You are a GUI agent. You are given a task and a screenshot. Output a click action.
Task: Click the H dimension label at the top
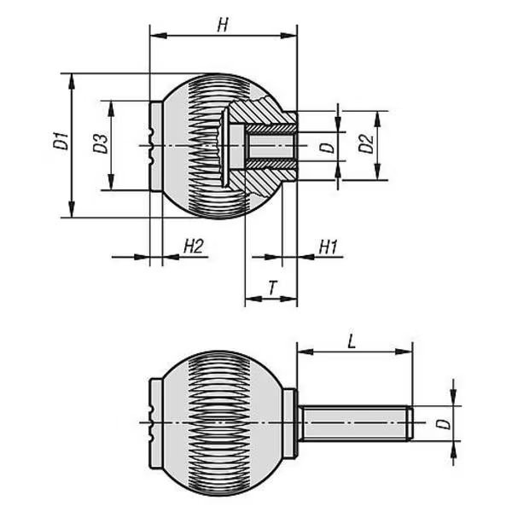pos(223,25)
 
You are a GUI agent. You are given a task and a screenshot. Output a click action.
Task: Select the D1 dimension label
pos(61,141)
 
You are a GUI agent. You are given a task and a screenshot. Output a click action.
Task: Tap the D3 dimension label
pos(100,143)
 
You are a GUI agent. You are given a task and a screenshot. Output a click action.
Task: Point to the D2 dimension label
pos(366,143)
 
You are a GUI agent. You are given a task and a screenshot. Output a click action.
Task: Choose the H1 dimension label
pos(328,247)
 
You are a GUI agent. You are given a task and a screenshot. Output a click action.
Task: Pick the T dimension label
pos(272,288)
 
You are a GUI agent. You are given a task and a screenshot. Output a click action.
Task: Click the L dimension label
pos(352,341)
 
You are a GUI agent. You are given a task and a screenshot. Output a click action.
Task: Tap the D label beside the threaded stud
pos(443,424)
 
